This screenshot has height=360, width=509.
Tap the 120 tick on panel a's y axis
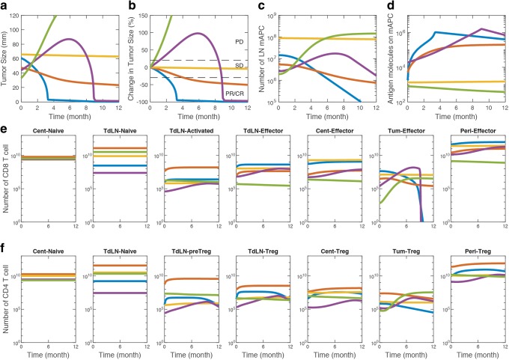(x=13, y=15)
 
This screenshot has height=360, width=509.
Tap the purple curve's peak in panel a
(x=70, y=39)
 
